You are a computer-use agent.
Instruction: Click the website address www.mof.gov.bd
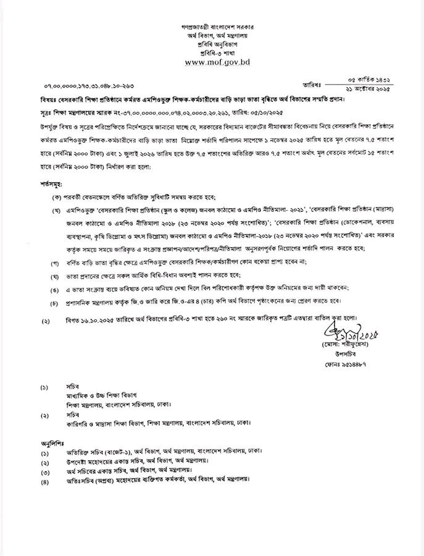coord(211,63)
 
